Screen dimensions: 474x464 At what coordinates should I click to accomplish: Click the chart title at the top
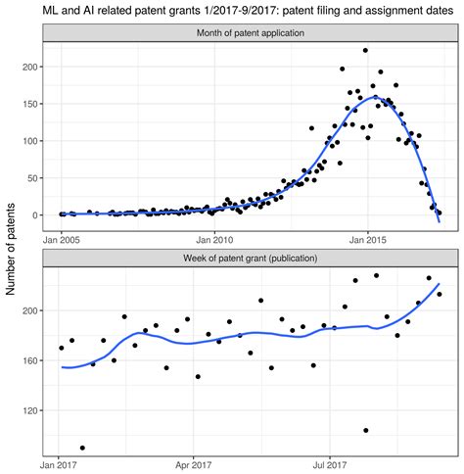(x=232, y=11)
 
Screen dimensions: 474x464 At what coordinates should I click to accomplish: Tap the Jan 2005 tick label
(x=62, y=237)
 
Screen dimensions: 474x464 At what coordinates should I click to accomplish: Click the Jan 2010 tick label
(x=214, y=237)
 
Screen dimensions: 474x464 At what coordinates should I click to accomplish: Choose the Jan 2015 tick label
(x=367, y=237)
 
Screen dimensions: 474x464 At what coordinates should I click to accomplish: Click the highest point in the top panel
(x=365, y=50)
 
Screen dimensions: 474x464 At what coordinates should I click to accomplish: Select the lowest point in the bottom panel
(x=82, y=448)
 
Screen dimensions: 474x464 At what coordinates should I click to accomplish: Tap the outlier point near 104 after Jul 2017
(x=366, y=430)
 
